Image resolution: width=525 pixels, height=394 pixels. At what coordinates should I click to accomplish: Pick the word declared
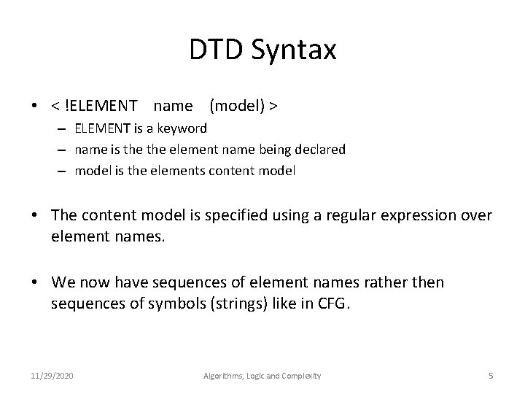321,149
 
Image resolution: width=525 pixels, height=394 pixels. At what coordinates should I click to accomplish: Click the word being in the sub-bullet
277,149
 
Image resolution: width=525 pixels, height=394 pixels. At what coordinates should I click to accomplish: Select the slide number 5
491,376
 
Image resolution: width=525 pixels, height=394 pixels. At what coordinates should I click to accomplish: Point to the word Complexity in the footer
299,376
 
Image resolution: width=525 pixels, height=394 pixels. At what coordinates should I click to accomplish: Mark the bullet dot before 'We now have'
35,282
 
